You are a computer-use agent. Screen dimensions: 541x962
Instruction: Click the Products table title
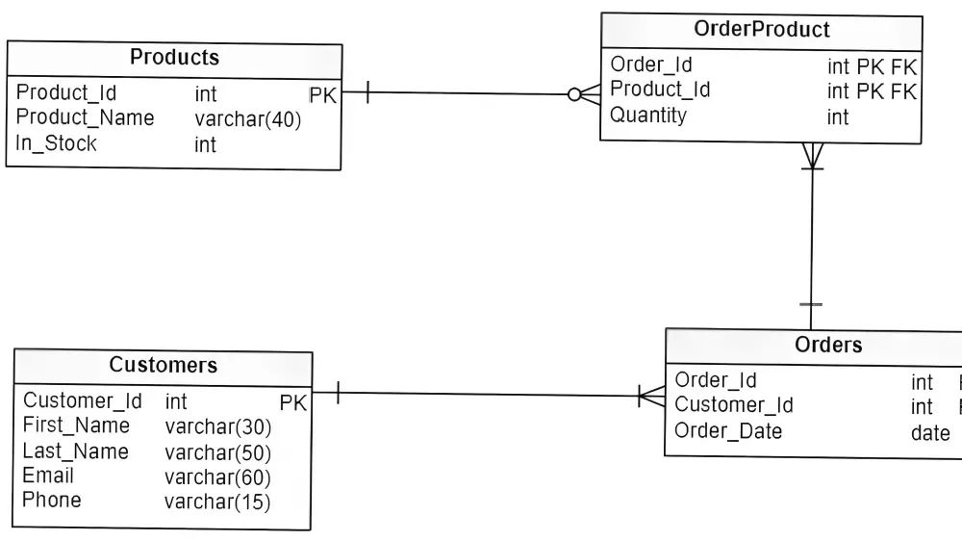pos(174,58)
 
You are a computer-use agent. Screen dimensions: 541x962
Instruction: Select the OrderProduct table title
pos(761,30)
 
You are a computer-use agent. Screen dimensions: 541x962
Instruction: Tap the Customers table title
pos(163,366)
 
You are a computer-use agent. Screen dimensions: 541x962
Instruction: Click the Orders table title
pos(828,345)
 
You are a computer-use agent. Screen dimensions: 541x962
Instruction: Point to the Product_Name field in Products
pos(85,118)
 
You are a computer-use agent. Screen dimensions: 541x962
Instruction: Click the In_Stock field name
pos(56,143)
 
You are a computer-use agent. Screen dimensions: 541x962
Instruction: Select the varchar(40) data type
pos(247,119)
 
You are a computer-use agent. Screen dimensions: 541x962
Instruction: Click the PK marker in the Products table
pos(322,94)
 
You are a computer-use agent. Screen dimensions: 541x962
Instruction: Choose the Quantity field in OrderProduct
pos(648,116)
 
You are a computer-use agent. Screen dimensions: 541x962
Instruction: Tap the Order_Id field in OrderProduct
pos(650,65)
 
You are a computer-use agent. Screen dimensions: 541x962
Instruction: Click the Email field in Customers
pos(48,476)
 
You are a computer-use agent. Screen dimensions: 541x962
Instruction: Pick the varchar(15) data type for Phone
pos(217,502)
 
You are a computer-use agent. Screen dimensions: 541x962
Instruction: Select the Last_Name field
pos(75,451)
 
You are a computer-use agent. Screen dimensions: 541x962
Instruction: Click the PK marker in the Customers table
pos(292,402)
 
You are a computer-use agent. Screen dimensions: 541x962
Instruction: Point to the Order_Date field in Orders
pos(728,431)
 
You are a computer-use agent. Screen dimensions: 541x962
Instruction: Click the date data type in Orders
pos(930,433)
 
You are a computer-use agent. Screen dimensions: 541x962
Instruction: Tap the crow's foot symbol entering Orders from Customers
pos(651,396)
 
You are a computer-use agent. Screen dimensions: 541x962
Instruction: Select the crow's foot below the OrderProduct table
pos(812,155)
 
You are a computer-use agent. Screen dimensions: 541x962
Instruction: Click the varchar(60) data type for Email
pos(217,477)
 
